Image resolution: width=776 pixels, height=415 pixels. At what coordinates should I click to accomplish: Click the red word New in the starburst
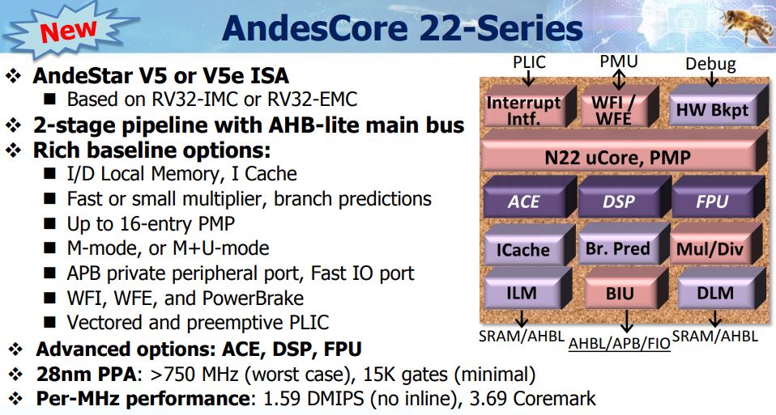click(x=68, y=30)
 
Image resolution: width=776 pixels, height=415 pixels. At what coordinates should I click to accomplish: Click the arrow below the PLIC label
click(x=529, y=78)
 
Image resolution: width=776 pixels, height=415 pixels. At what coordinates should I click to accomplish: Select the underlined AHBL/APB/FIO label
click(x=619, y=343)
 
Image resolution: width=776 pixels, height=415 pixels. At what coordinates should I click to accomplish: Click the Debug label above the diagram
click(x=710, y=64)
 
